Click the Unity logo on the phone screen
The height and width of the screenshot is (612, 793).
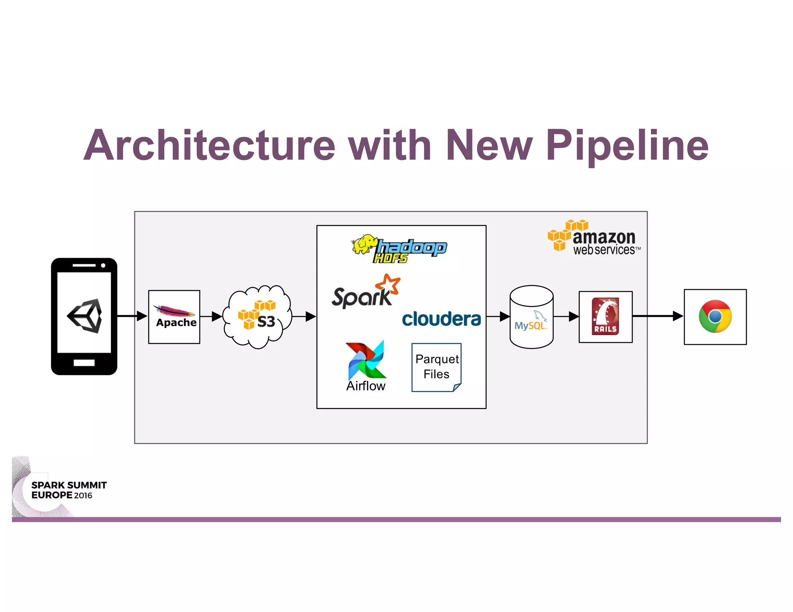click(85, 316)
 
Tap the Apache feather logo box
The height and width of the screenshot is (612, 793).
click(174, 316)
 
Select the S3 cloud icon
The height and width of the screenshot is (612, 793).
click(257, 316)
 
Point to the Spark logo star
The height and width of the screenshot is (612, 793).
click(388, 284)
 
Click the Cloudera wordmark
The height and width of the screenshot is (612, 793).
click(441, 319)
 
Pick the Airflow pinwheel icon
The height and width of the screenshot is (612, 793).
click(366, 361)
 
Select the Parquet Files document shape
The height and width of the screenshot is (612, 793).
click(436, 367)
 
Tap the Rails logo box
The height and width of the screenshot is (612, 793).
click(605, 316)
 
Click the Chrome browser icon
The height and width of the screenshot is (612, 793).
click(715, 316)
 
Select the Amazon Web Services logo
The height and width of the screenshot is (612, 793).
click(594, 238)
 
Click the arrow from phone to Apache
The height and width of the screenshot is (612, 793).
click(132, 316)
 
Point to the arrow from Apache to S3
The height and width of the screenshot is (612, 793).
click(211, 316)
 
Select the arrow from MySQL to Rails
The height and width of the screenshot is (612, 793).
click(566, 316)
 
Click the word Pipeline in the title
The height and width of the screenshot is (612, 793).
click(627, 145)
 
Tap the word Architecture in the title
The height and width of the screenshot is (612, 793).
click(209, 145)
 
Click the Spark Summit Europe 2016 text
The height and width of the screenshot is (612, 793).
click(69, 490)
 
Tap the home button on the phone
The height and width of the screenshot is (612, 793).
click(84, 362)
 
